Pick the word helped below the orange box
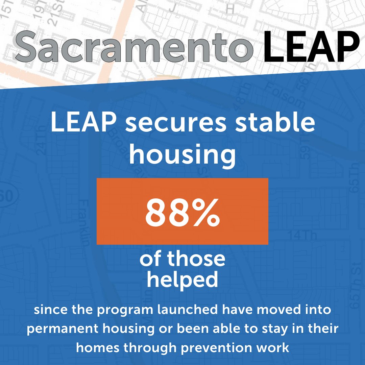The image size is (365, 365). pyautogui.click(x=182, y=280)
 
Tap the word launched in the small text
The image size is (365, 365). pyautogui.click(x=179, y=311)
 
